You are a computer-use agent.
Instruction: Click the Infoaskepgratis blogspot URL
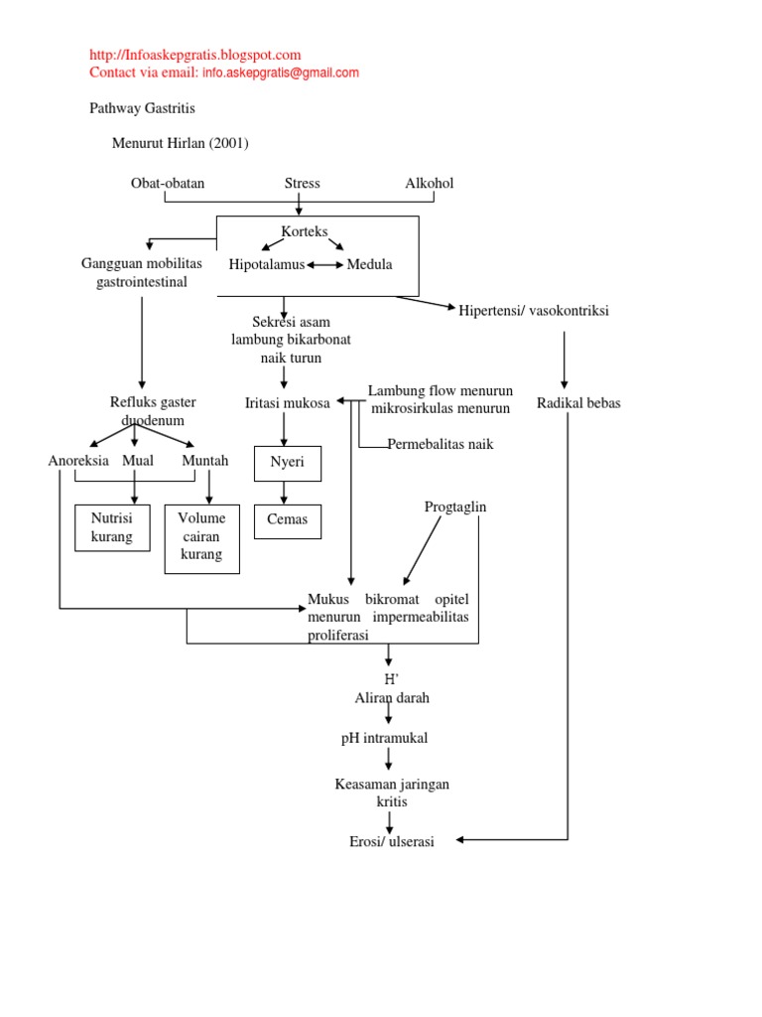pos(195,56)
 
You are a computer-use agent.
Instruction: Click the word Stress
pos(302,184)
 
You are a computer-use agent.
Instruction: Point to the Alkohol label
pos(429,184)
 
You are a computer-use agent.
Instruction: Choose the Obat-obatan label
pos(168,184)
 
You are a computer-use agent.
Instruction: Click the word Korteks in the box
pos(305,231)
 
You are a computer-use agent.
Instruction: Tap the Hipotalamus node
pos(266,264)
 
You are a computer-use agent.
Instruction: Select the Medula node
pos(369,264)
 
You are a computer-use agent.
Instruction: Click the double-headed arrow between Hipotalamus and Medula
pos(325,265)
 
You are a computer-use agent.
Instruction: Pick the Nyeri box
pos(288,462)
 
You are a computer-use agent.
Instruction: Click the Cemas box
pos(288,519)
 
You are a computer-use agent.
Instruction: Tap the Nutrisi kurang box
pos(112,527)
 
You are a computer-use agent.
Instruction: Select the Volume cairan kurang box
pos(201,536)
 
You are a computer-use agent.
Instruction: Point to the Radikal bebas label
pos(578,403)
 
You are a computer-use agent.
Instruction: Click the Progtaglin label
pos(455,508)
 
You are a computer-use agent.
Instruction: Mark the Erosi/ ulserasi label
pos(392,841)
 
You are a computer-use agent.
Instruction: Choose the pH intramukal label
pos(384,738)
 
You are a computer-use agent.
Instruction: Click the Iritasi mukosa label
pos(287,403)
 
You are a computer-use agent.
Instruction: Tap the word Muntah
pos(205,461)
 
